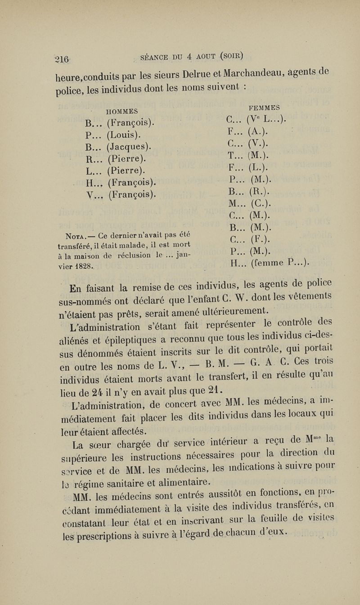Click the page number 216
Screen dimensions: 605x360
(61, 59)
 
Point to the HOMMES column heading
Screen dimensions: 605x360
(121, 111)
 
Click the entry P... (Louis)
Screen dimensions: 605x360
(112, 134)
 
